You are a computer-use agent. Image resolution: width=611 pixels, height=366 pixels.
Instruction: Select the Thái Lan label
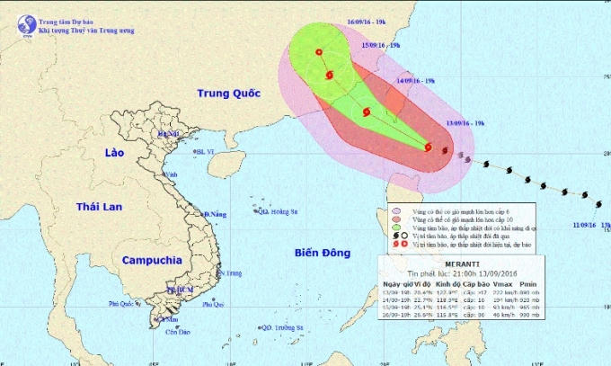click(99, 208)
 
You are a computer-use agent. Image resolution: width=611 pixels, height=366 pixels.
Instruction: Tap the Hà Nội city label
click(168, 134)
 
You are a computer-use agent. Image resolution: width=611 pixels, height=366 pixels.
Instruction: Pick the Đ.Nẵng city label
click(214, 214)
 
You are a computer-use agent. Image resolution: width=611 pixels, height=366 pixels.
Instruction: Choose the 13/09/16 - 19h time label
click(465, 122)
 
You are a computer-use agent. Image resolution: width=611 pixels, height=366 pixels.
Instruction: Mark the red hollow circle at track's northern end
click(320, 54)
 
